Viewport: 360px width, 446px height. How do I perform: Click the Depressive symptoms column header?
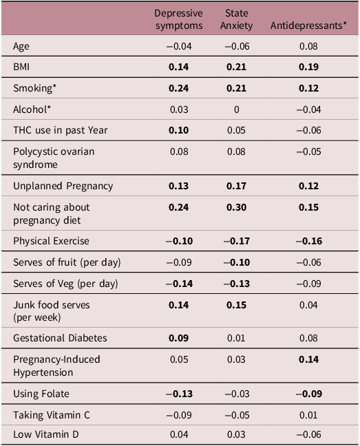click(x=178, y=20)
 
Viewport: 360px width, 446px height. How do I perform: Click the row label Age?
click(x=21, y=46)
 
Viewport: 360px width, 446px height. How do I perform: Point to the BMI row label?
click(x=21, y=67)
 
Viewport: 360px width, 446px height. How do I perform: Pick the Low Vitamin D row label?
click(x=43, y=436)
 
